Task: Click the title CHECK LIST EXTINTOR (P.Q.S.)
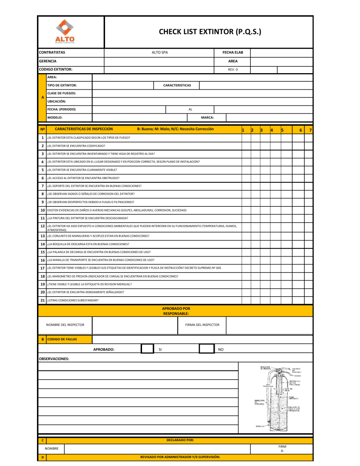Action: [x=210, y=32]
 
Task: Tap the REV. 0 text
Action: [x=232, y=69]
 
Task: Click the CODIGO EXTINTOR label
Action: [x=55, y=69]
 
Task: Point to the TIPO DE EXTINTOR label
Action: [x=62, y=85]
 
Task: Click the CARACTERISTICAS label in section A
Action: [x=176, y=85]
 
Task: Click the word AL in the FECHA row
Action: [x=190, y=109]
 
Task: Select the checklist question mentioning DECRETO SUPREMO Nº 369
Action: [x=135, y=267]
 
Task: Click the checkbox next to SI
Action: [x=147, y=349]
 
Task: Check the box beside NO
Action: [x=207, y=349]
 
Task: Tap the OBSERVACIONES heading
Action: [x=53, y=359]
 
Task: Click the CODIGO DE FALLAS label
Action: [x=62, y=339]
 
